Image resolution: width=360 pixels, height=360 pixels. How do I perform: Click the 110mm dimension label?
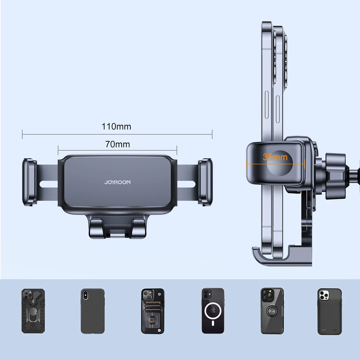coord(116,127)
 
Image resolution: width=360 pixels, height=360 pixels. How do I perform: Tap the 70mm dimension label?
coord(117,144)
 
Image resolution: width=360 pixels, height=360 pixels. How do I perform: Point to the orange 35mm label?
coord(275,157)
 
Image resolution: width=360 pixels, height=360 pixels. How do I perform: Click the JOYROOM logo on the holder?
coord(117,182)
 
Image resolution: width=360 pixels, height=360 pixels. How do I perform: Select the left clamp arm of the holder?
coord(29,182)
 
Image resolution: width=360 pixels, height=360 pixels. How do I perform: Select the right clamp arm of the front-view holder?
coord(205,182)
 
